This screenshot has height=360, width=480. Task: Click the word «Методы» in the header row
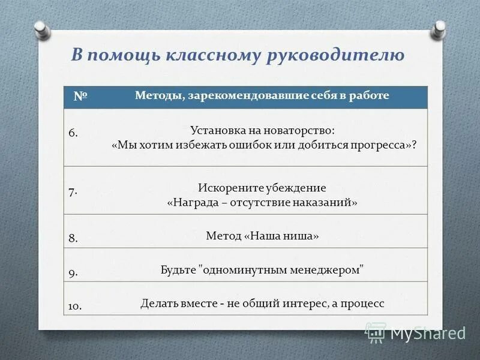(x=158, y=95)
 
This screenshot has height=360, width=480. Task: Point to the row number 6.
(x=73, y=133)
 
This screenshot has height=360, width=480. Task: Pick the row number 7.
(x=73, y=192)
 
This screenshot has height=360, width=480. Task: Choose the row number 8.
(x=73, y=238)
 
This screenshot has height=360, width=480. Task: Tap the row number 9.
(x=73, y=272)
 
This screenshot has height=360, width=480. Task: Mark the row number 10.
(x=75, y=306)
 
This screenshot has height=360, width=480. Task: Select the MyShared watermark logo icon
(x=376, y=332)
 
